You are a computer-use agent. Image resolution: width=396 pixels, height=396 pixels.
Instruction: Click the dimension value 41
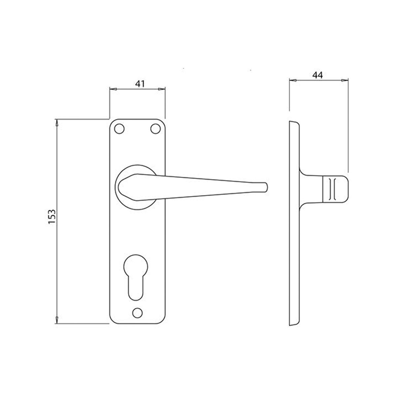tap(140, 84)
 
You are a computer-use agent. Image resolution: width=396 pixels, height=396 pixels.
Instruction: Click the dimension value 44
tap(317, 75)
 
